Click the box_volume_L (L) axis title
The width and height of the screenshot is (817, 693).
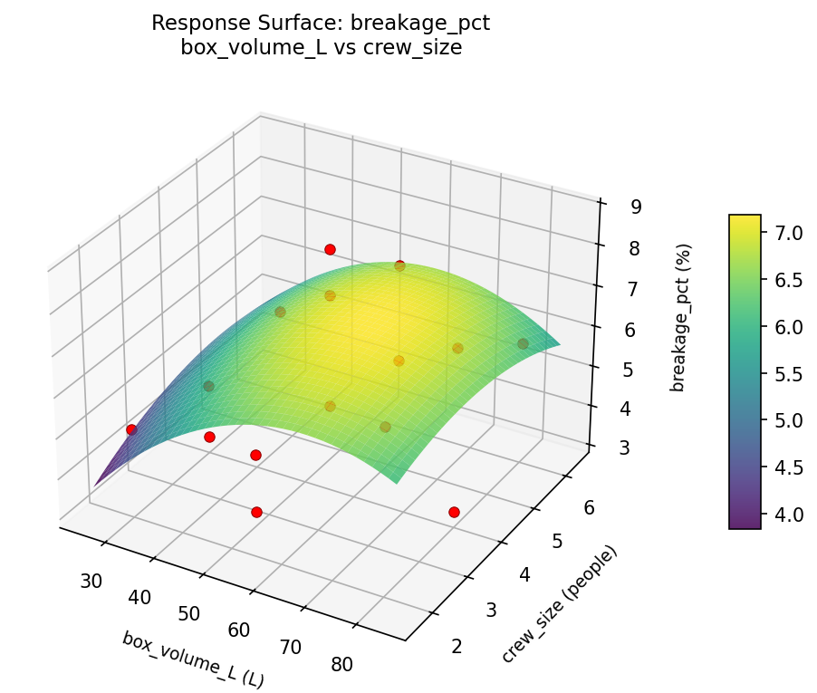click(x=193, y=659)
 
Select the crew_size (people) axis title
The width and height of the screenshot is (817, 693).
click(x=559, y=604)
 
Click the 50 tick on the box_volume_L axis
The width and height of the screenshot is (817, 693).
click(x=188, y=613)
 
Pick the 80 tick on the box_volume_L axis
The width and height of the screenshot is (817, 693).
click(x=342, y=664)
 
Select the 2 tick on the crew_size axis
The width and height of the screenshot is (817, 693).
click(x=457, y=646)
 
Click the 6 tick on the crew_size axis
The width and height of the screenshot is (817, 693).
click(x=588, y=508)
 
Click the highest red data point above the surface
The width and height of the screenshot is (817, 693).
click(x=330, y=249)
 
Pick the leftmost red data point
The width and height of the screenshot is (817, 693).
click(x=131, y=429)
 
